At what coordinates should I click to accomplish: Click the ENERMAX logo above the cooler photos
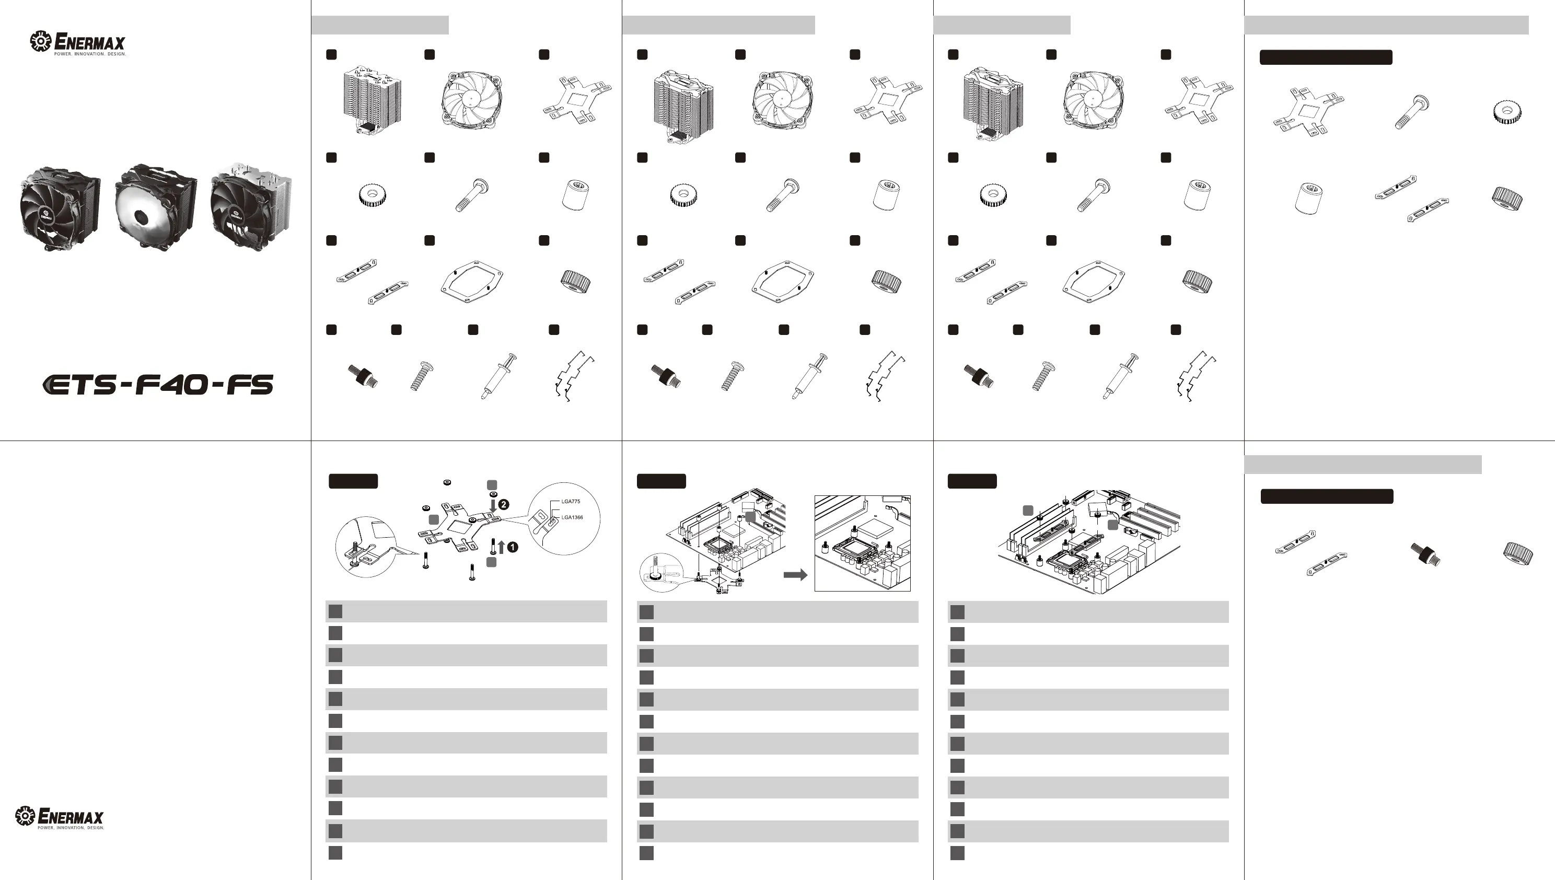pos(78,43)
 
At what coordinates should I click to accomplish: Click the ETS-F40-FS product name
pos(158,385)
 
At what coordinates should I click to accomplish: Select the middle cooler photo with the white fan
pos(155,207)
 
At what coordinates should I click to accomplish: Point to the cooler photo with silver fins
pos(251,205)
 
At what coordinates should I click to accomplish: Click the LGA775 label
pos(570,502)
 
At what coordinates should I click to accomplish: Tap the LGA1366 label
pos(572,517)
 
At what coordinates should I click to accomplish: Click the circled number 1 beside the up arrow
pos(513,547)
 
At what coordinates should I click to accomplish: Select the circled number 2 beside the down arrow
pos(503,504)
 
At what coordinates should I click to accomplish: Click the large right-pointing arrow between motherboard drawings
pos(795,575)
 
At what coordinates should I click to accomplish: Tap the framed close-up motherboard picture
pos(863,543)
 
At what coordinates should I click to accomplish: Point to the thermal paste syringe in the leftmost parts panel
pos(498,376)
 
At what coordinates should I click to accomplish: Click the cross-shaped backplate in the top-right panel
pos(1308,112)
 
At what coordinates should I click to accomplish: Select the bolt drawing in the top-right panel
pos(1411,112)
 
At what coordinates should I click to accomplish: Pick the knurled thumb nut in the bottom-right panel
pos(1517,553)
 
